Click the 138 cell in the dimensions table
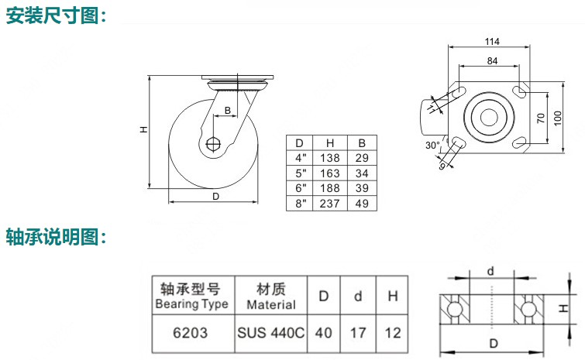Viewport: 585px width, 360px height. pos(330,158)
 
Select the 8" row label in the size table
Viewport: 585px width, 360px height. pos(301,204)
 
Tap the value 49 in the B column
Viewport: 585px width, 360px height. pos(362,204)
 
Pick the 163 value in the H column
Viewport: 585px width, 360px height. pos(330,173)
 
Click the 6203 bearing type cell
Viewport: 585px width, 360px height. pos(191,333)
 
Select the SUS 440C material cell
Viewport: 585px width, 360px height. pos(271,333)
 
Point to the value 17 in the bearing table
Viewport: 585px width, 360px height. pos(358,333)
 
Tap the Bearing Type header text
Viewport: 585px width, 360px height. pos(191,304)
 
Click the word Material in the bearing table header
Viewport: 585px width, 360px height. pos(271,304)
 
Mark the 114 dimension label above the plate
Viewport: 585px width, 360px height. pos(492,41)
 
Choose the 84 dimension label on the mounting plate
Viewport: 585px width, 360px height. pos(492,60)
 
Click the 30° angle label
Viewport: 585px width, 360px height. pos(433,146)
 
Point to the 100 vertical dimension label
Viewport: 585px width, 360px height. pos(558,118)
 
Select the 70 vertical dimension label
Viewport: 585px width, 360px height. pos(541,118)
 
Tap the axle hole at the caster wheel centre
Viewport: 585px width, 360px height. pos(213,144)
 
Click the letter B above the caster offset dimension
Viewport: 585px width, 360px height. pos(228,110)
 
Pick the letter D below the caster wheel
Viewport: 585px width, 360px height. pos(215,197)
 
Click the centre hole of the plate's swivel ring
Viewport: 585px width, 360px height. pos(489,118)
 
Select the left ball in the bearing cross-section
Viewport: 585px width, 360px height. pos(454,309)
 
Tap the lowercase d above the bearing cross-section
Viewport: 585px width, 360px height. pos(490,271)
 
